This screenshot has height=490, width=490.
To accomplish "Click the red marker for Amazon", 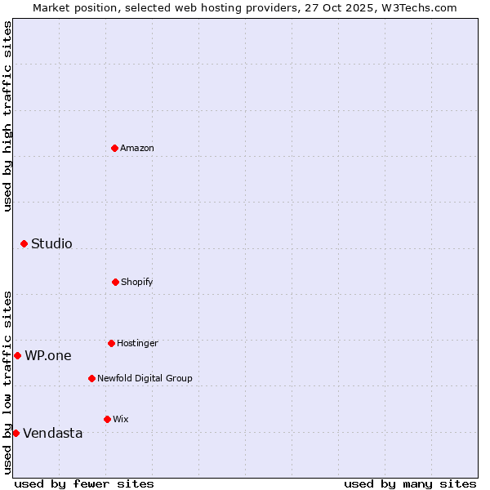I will (115, 148).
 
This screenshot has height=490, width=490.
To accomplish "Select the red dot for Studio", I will (24, 243).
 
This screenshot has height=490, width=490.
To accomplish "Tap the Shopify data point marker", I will (115, 282).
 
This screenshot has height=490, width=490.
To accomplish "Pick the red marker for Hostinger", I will (111, 343).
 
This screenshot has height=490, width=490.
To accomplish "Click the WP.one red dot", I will (17, 355).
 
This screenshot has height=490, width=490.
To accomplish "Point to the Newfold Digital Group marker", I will (91, 378).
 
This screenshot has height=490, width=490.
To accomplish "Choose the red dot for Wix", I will (107, 419).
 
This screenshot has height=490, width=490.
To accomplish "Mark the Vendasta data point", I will (16, 433).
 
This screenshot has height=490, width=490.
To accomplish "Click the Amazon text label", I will (137, 148).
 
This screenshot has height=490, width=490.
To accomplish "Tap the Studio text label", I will (51, 243).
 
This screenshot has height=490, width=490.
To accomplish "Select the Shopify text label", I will (136, 282).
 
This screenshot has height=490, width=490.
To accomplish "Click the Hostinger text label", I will (137, 343).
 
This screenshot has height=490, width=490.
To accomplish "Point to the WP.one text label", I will (47, 355).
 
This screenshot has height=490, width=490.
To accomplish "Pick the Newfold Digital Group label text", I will (145, 378).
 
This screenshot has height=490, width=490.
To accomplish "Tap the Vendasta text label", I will (52, 433).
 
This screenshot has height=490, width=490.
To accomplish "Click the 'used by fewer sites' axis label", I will (84, 483).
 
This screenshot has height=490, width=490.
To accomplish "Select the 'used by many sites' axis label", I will (410, 483).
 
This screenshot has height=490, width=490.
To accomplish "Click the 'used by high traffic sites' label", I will (7, 116).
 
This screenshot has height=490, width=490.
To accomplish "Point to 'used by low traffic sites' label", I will (7, 382).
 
